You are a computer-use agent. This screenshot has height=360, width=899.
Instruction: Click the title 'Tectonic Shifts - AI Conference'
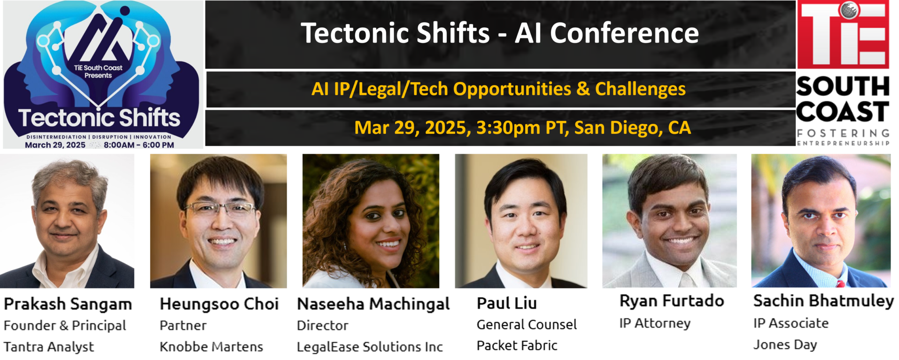coord(500,33)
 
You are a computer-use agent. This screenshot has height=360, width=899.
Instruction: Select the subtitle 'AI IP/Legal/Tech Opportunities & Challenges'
coord(499,89)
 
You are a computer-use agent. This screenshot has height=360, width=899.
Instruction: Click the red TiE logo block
coord(843,35)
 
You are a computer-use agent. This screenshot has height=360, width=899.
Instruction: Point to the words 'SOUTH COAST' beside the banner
coord(843,99)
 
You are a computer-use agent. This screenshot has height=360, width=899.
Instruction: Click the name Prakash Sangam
coord(68,304)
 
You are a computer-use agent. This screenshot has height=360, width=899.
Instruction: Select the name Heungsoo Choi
coord(219,304)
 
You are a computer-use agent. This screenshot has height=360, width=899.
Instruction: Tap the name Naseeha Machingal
coord(374,304)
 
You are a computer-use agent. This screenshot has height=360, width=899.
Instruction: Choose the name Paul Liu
coord(507,303)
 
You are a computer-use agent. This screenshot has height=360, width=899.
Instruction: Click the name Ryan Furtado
coord(672,301)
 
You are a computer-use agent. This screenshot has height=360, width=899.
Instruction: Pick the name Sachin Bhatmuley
coord(823,301)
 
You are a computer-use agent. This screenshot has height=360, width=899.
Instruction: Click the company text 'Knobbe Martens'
coord(211,347)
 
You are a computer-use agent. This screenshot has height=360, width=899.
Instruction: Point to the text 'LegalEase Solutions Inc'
coord(370,347)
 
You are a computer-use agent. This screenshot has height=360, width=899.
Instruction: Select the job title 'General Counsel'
coord(527,325)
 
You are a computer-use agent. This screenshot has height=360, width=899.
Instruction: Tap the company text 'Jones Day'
coord(785,345)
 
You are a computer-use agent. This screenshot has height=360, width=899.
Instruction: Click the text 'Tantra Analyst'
coord(49,347)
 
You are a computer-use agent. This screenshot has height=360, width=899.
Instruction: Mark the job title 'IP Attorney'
coord(655,324)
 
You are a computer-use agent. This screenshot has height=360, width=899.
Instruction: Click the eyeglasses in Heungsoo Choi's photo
coord(220,209)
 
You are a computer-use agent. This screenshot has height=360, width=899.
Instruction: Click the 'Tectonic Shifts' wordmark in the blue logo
coord(99,118)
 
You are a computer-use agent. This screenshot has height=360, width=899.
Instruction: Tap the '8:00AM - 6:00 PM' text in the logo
coord(139,145)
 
